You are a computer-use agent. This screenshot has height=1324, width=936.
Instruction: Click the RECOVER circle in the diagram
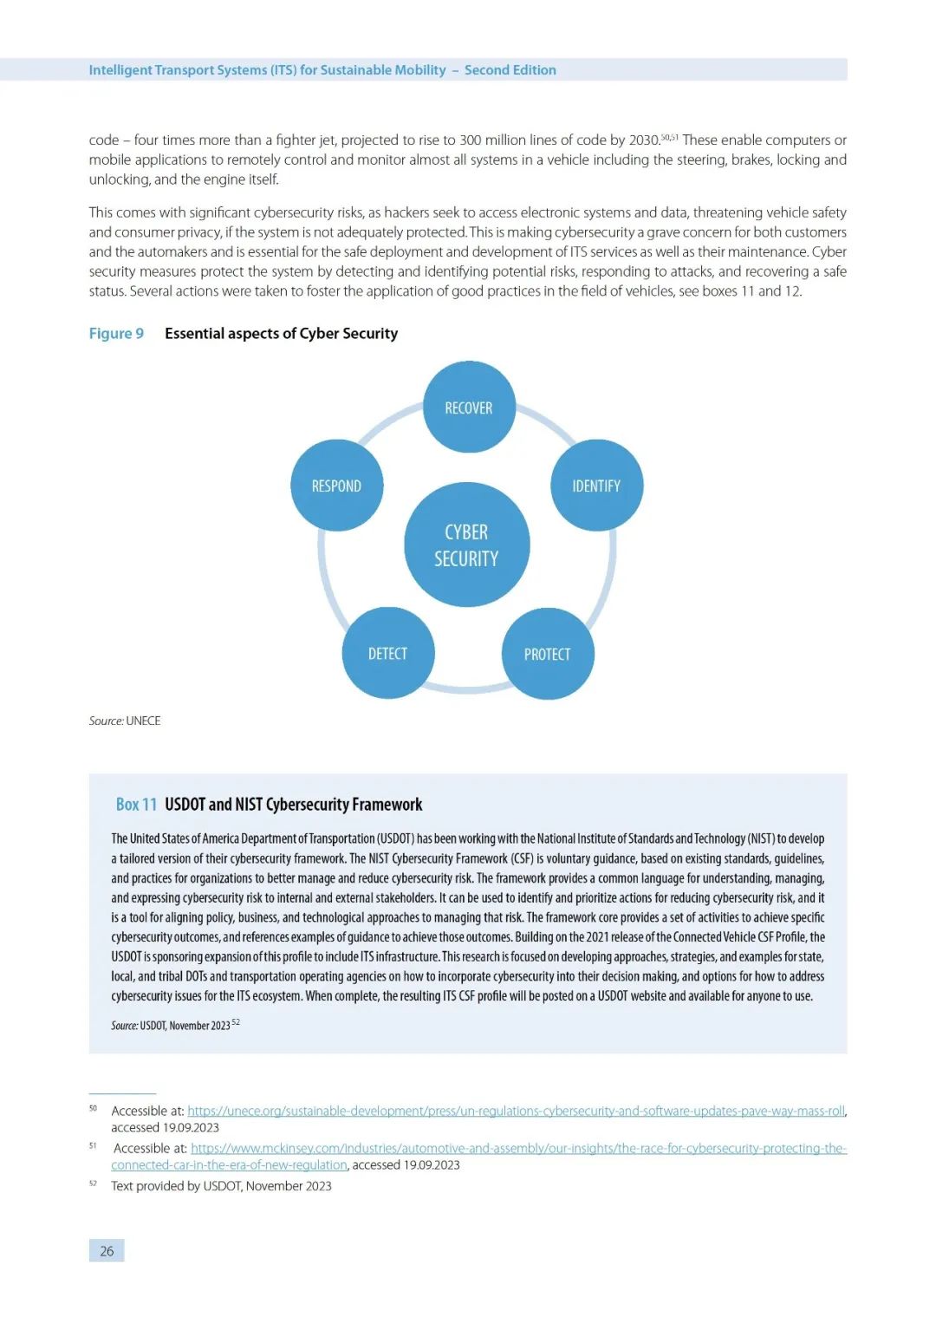469,408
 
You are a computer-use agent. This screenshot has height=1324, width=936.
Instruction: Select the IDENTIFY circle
596,486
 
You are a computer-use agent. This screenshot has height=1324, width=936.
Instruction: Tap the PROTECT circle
548,654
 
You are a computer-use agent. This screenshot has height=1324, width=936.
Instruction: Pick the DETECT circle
387,653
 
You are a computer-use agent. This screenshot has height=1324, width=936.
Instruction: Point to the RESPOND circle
336,486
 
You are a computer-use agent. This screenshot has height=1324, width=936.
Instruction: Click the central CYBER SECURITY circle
466,545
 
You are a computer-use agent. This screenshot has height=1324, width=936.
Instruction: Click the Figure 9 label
116,334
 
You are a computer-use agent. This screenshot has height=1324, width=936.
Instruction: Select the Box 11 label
136,805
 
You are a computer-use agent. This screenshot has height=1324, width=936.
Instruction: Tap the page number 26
107,1250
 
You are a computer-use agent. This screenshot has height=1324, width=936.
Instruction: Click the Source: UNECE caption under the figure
125,721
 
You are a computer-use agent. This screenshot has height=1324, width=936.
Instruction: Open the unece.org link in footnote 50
516,1111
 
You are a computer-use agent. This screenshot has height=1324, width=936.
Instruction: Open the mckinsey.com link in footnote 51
518,1148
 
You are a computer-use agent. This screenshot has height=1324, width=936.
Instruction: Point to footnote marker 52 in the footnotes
93,1184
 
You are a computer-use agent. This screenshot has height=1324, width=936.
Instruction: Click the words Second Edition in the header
510,70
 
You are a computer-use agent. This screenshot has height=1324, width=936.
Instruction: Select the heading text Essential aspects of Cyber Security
281,334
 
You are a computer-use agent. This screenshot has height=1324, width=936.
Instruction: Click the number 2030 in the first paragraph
644,140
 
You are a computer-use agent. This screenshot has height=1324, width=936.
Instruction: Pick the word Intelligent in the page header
120,70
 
